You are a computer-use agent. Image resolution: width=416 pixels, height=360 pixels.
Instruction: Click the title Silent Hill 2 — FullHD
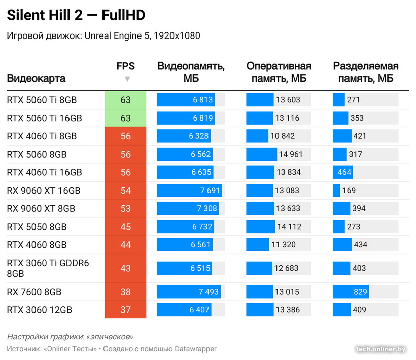pyautogui.click(x=76, y=16)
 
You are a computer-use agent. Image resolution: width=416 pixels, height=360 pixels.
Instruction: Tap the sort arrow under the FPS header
pyautogui.click(x=127, y=79)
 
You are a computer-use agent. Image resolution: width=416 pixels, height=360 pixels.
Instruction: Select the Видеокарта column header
pyautogui.click(x=36, y=78)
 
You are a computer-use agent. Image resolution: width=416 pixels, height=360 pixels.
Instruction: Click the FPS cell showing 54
pyautogui.click(x=125, y=191)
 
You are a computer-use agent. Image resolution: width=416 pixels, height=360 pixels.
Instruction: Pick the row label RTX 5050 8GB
pyautogui.click(x=37, y=227)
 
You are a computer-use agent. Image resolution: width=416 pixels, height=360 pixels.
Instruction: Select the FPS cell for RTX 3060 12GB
pyautogui.click(x=125, y=310)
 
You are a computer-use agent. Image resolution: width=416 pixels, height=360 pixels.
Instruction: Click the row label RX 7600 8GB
pyautogui.click(x=34, y=292)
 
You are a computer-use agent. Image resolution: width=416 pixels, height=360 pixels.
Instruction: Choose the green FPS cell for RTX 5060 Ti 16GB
pyautogui.click(x=125, y=118)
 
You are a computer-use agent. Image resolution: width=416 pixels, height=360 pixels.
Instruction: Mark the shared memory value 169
pyautogui.click(x=349, y=191)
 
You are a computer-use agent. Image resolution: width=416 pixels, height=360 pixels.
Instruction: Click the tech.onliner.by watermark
pyautogui.click(x=381, y=349)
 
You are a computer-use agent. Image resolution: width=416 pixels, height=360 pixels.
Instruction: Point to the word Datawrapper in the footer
pyautogui.click(x=195, y=349)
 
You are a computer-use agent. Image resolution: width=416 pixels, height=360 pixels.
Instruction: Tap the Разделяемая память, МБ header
pyautogui.click(x=365, y=72)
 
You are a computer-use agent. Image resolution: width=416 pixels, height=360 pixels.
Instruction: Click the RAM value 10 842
pyautogui.click(x=283, y=136)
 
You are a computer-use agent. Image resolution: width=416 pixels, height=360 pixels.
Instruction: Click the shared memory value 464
pyautogui.click(x=344, y=172)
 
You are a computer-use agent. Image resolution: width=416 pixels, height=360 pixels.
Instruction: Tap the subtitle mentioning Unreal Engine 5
pyautogui.click(x=103, y=35)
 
